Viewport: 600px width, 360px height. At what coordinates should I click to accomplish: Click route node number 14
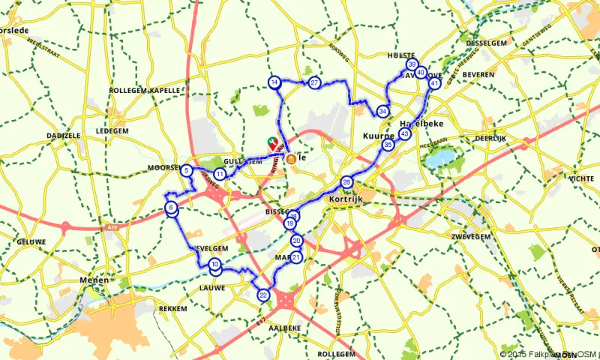[275, 82]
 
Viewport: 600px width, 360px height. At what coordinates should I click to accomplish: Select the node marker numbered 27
[315, 82]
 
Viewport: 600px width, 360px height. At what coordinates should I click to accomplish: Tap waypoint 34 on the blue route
[383, 111]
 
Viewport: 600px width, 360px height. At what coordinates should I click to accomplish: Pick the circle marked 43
[405, 133]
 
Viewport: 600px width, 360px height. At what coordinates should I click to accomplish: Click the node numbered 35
[388, 144]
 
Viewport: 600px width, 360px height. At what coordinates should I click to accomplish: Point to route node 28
[346, 182]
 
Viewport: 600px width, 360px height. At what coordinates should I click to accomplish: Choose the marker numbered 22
[263, 295]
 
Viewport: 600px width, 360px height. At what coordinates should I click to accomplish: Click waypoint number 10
[215, 264]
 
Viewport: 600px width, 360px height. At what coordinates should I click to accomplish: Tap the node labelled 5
[185, 171]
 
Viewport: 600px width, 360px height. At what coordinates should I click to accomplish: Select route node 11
[220, 174]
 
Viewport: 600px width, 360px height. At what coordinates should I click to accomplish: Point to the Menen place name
[90, 282]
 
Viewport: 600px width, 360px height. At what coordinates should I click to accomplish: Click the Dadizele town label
[63, 135]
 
